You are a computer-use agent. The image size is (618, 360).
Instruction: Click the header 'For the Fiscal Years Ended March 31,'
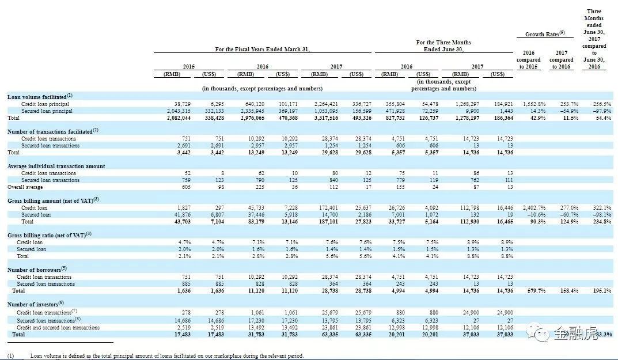pos(262,50)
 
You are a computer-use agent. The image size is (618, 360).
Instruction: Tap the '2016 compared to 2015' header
pos(528,60)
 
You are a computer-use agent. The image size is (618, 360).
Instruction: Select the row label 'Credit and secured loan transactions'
pos(58,328)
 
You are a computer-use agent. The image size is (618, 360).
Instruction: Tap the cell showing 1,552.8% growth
pos(532,104)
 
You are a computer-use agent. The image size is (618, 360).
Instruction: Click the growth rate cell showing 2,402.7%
pos(532,208)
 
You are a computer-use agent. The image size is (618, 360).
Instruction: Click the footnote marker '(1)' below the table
pos(11,356)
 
